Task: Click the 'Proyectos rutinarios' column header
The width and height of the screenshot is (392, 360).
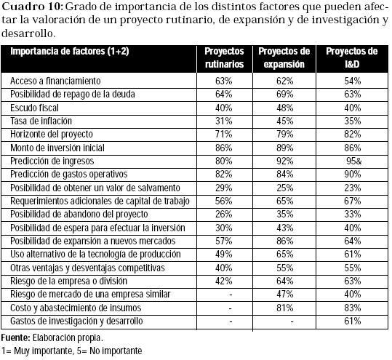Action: coord(224,57)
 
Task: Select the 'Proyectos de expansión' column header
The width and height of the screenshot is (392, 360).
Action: coord(284,57)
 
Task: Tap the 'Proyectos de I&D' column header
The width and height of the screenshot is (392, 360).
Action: coord(352,57)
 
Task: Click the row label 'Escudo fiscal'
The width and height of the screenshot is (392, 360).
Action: coord(34,108)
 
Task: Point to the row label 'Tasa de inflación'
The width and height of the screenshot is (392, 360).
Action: coord(41,121)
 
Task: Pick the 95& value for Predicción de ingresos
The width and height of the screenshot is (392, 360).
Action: coord(354,161)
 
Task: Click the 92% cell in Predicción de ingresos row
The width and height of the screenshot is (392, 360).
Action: coord(285,161)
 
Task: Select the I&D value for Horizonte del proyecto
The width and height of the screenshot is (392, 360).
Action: coord(353,135)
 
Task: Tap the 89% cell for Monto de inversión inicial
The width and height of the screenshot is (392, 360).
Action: coord(285,148)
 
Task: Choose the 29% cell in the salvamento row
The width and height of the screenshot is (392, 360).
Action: coord(224,188)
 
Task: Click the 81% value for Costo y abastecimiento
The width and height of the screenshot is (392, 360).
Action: coord(285,308)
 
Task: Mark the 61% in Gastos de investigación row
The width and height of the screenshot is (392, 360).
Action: coord(353,321)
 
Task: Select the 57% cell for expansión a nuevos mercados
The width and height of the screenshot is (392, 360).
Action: coord(224,241)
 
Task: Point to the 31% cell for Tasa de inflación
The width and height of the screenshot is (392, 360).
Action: coord(224,121)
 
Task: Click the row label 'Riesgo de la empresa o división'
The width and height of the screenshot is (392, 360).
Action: coord(69,281)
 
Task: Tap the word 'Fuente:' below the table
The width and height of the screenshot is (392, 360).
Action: coord(16,337)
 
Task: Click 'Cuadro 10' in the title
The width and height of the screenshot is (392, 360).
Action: coord(31,7)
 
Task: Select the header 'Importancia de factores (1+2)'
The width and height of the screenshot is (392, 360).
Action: coord(70,51)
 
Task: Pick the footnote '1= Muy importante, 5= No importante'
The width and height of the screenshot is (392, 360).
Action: coord(71,351)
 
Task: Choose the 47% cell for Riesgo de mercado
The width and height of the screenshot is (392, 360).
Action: coord(285,294)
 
